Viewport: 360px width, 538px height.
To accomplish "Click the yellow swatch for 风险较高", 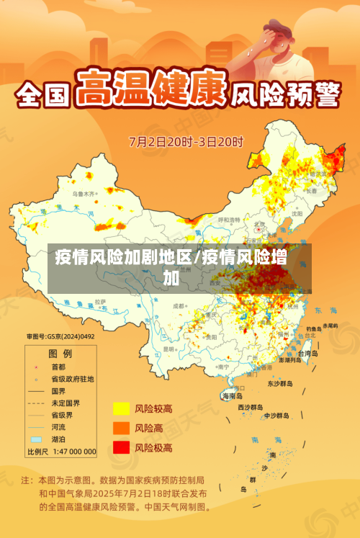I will [x=120, y=408].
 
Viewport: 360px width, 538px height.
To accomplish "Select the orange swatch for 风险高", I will [x=120, y=429].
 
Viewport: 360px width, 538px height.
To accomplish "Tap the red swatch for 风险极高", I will [x=120, y=448].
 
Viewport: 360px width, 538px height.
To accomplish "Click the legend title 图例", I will [x=60, y=353].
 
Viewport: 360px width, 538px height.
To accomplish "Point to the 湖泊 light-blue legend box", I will [x=36, y=439].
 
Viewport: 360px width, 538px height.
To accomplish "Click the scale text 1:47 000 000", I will [x=72, y=452].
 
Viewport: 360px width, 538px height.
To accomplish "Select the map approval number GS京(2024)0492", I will [x=60, y=336].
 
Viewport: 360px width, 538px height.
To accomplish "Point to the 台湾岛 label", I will [x=307, y=354].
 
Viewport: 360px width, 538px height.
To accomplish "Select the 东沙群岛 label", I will [x=281, y=384].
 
